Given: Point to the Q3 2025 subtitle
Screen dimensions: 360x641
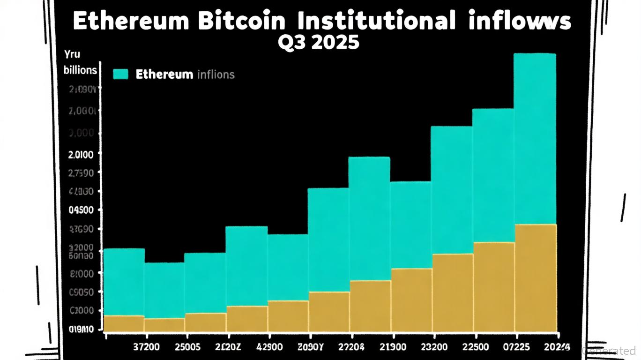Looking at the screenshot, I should [x=319, y=43].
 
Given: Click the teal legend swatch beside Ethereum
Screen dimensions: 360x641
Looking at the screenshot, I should [x=120, y=74].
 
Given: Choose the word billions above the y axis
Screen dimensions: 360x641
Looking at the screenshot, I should [x=80, y=70].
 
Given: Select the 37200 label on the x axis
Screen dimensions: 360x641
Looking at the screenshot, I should [x=146, y=347].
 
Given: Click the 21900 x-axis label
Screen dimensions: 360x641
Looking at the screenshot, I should [x=393, y=347].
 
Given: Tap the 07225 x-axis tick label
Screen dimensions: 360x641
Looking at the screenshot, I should [x=516, y=347].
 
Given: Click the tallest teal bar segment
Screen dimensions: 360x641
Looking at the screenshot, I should [x=535, y=139].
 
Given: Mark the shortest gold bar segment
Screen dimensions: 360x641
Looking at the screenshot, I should [x=164, y=325].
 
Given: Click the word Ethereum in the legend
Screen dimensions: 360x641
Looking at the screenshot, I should [x=164, y=74].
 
